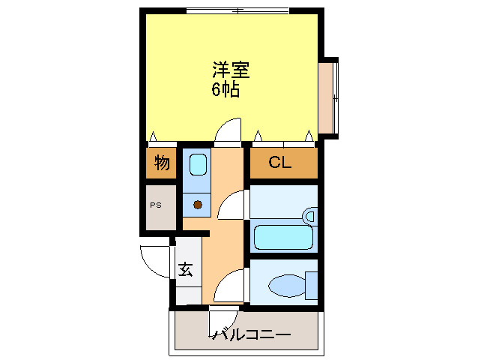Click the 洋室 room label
(230, 72)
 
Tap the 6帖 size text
(225, 91)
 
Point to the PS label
(156, 205)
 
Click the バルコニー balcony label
(252, 334)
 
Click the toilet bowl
(285, 285)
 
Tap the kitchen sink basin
(198, 164)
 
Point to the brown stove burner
(198, 204)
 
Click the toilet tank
(311, 284)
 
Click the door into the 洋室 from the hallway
(229, 132)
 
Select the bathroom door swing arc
(234, 205)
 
